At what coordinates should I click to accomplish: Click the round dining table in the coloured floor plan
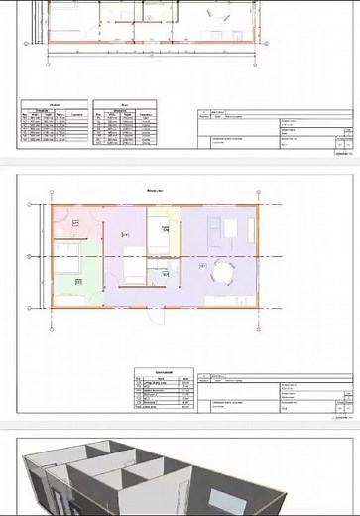pyautogui.click(x=223, y=271)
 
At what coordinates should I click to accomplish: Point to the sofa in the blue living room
pyautogui.click(x=213, y=231)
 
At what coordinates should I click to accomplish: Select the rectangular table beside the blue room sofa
pyautogui.click(x=231, y=229)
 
